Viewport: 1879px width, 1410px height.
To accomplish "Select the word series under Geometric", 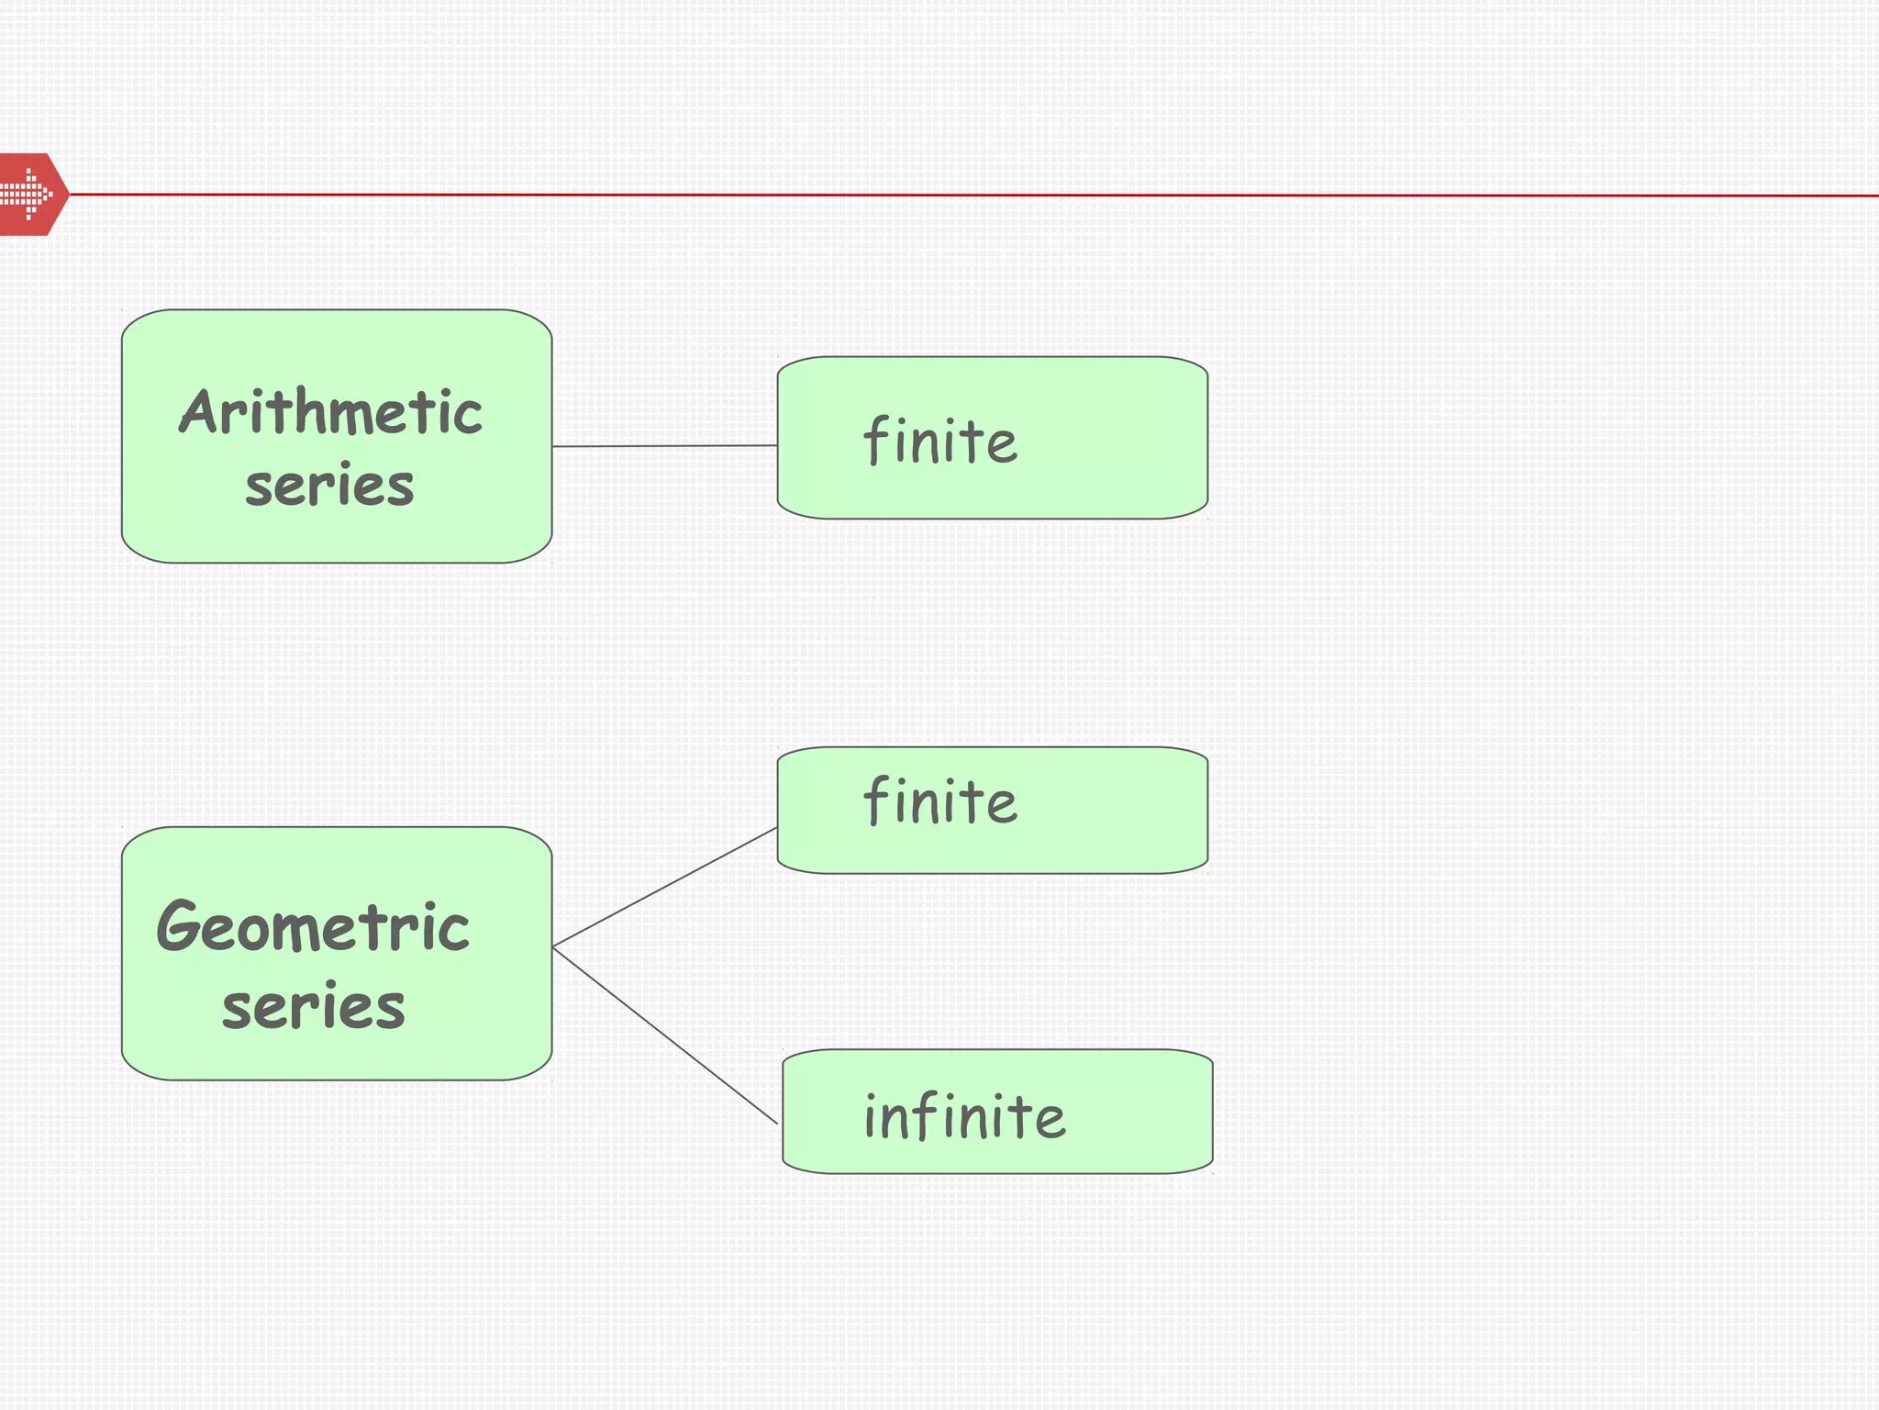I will pos(313,1006).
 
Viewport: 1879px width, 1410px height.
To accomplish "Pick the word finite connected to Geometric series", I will pos(939,800).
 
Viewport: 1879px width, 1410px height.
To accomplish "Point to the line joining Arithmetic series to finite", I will pos(664,446).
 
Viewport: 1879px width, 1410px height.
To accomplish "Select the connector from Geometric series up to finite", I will pos(664,888).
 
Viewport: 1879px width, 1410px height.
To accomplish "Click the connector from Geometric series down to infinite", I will pos(664,1035).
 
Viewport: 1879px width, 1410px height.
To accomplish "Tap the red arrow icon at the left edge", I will pos(32,195).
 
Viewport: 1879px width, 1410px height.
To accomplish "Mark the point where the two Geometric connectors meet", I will pos(553,946).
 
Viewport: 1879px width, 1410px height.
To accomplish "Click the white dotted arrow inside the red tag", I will pos(26,194).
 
